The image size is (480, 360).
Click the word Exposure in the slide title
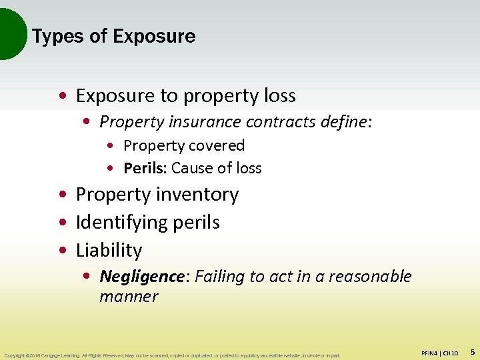pos(154,36)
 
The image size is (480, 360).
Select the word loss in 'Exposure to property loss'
pos(278,96)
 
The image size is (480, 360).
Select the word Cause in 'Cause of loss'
pos(191,168)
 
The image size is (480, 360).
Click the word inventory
pos(199,195)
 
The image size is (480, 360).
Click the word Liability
pos(109,250)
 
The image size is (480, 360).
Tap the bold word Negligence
pos(141,276)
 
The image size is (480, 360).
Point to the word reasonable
pos(371,276)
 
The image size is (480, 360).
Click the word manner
pos(129,296)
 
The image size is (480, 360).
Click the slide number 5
pos(472,351)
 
